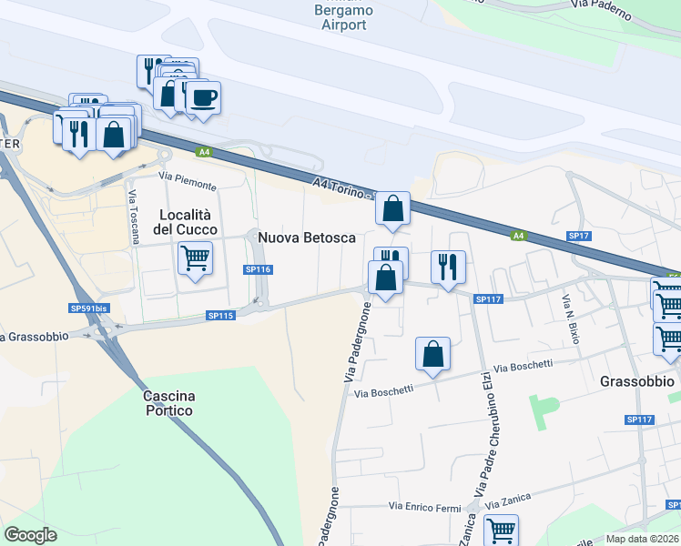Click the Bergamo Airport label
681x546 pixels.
coord(343,17)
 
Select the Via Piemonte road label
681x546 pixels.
coord(188,180)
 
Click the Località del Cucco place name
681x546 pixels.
coord(188,222)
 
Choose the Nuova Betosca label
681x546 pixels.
coord(307,238)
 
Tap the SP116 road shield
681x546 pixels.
coord(259,269)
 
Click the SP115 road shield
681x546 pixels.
coord(221,315)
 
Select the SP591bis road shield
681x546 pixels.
coord(88,308)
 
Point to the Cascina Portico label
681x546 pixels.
coord(168,404)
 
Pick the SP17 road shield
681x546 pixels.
coord(579,235)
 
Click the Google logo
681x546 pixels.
coord(30,534)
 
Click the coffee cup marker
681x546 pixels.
coord(203,97)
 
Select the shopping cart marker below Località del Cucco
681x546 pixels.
coord(196,258)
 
